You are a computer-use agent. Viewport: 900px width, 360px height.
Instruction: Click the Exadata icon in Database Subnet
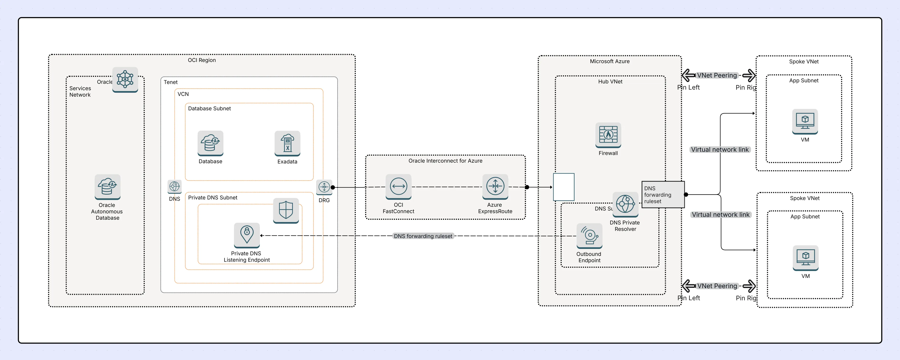[287, 143]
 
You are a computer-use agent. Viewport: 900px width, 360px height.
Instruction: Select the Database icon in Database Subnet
[210, 143]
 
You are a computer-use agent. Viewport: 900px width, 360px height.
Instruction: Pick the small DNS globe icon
[174, 187]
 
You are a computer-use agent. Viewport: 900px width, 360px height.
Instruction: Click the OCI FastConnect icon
[398, 187]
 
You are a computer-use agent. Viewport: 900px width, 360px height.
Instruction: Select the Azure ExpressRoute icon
[495, 187]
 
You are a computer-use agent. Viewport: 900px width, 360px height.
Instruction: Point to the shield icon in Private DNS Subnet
[286, 210]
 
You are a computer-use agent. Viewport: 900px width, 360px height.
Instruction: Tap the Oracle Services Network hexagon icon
[125, 79]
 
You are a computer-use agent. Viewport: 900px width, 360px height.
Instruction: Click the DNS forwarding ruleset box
[663, 195]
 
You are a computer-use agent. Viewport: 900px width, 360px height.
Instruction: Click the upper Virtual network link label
[720, 150]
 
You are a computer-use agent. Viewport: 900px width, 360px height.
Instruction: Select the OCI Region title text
[202, 60]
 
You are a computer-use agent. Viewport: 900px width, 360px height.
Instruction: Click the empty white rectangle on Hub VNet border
[564, 187]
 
